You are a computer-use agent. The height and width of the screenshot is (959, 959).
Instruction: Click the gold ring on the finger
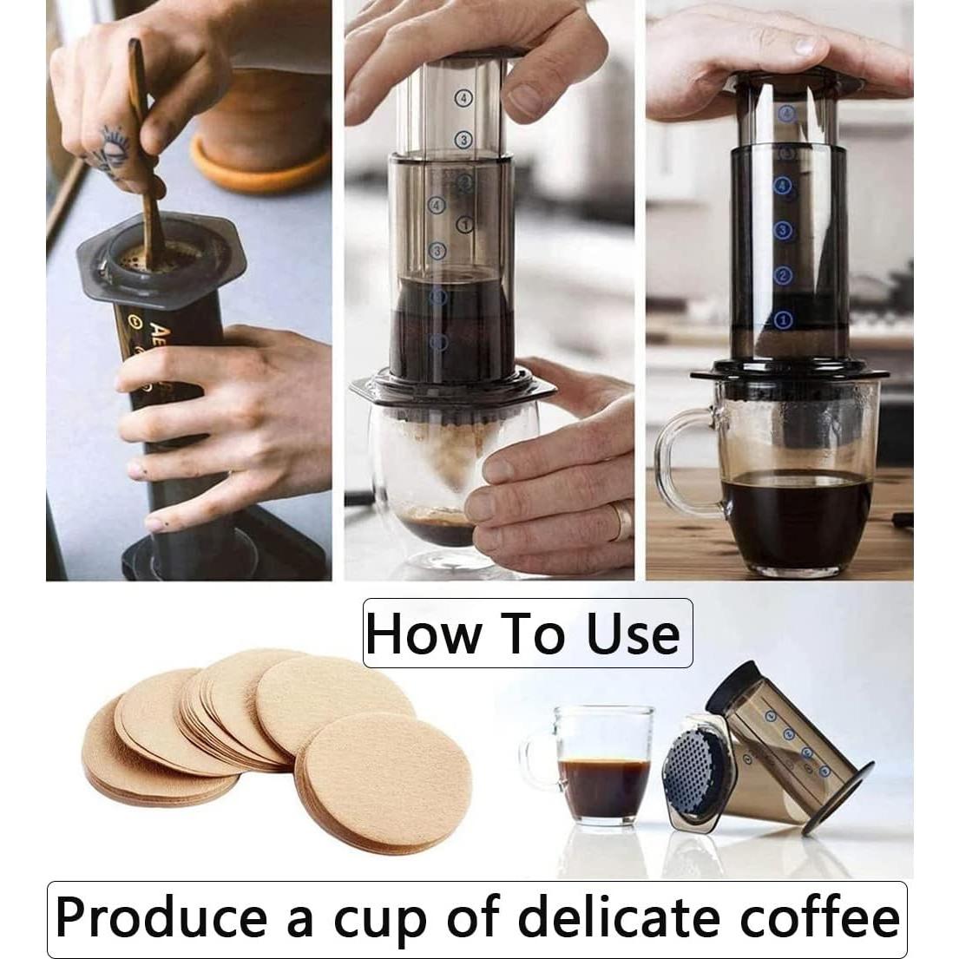[x=621, y=521]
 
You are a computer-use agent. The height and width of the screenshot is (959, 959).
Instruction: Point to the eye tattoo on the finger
[x=111, y=143]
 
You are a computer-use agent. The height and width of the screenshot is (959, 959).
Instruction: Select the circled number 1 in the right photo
[x=783, y=319]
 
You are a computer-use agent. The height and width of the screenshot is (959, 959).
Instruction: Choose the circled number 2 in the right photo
[x=783, y=275]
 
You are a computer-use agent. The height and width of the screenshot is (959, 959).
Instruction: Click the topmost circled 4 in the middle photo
[x=463, y=99]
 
